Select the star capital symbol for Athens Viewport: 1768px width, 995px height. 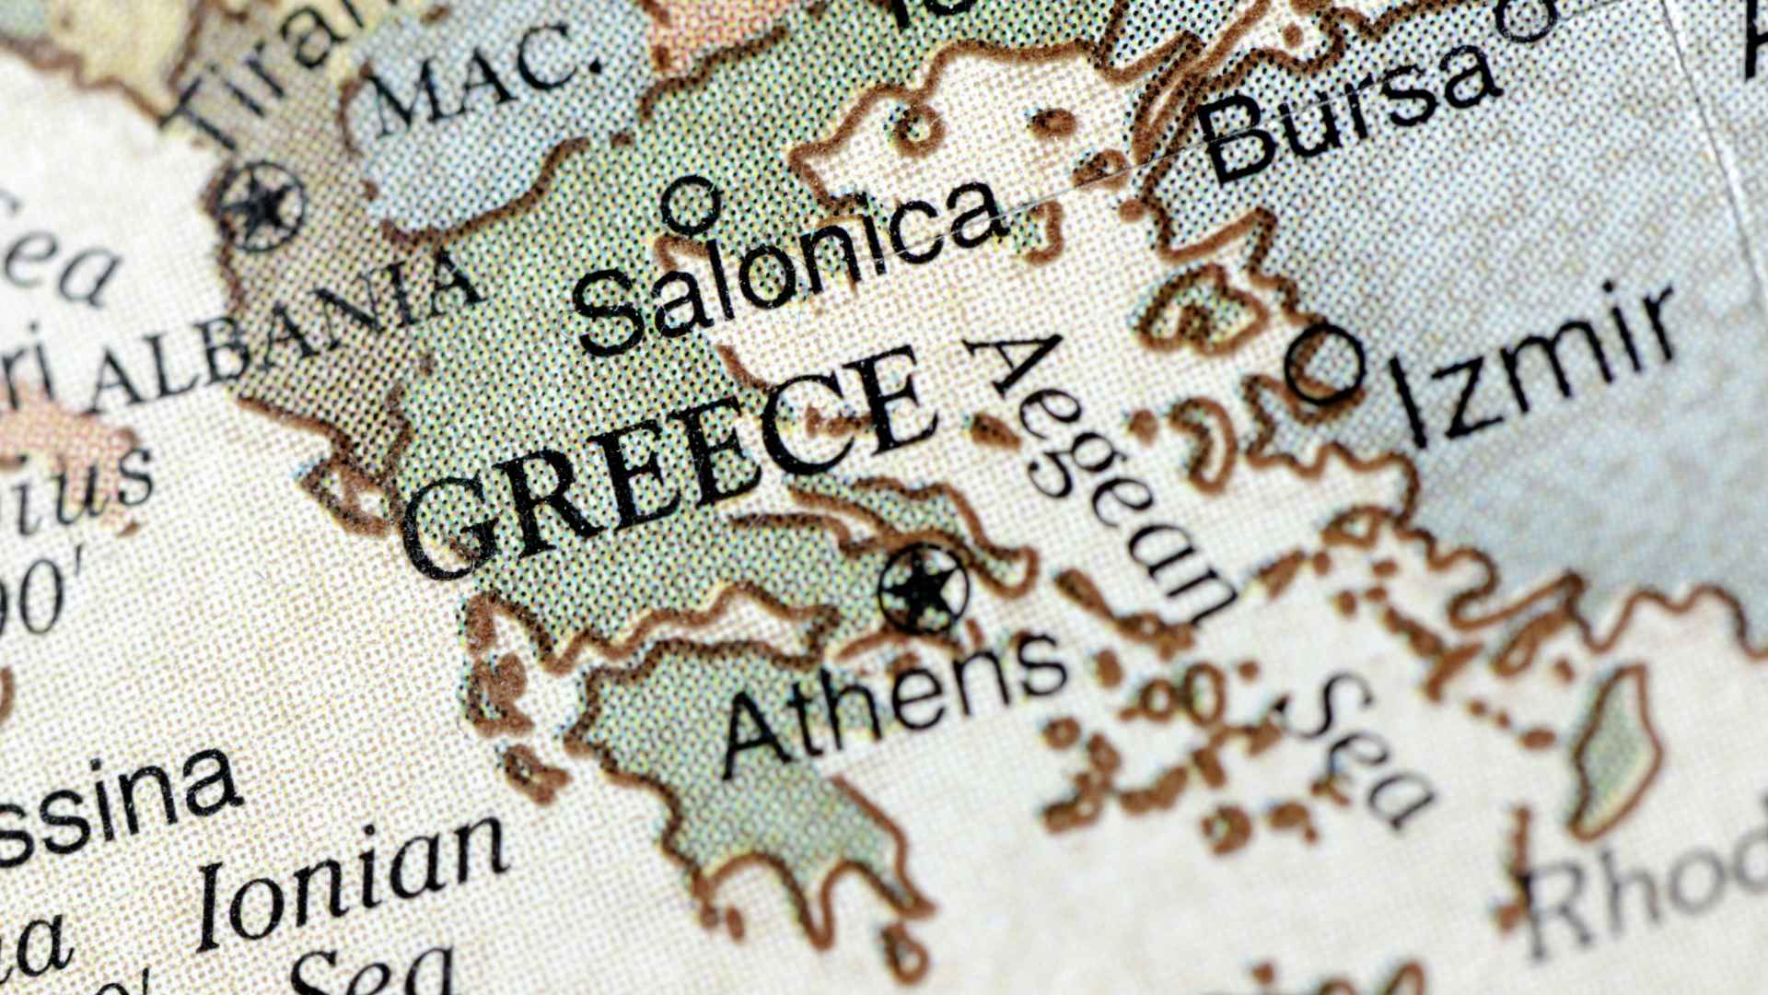pos(924,588)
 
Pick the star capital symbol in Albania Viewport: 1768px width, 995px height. pos(262,207)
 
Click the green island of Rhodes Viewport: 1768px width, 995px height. pos(1616,755)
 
